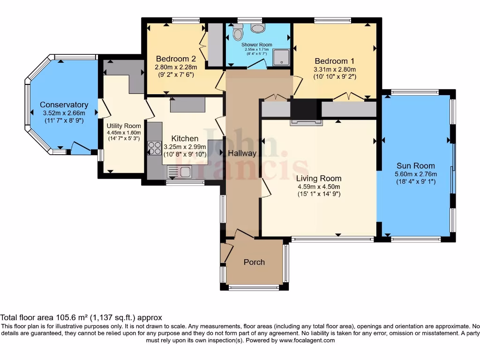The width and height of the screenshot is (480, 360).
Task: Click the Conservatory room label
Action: click(64, 105)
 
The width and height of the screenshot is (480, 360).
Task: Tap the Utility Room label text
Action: click(124, 126)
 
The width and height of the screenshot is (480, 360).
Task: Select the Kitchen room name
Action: click(185, 138)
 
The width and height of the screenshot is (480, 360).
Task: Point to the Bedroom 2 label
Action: click(176, 59)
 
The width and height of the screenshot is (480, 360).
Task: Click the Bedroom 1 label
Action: click(334, 61)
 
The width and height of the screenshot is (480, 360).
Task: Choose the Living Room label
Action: click(319, 178)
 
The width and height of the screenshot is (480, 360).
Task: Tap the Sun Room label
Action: click(415, 165)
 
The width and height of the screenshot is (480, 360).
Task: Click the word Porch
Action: click(254, 262)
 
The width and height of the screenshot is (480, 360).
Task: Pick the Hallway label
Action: click(242, 153)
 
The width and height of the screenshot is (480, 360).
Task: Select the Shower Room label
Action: click(257, 45)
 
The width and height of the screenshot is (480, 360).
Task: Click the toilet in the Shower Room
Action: click(238, 32)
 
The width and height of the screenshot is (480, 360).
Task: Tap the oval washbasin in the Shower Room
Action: click(258, 28)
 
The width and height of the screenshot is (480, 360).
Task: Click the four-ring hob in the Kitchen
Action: click(155, 148)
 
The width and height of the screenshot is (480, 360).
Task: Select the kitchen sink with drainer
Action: click(180, 172)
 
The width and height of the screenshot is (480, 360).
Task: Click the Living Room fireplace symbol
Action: click(307, 122)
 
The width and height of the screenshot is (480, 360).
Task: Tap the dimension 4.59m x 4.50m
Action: click(319, 187)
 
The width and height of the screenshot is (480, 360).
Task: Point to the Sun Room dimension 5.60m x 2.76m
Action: click(415, 173)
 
